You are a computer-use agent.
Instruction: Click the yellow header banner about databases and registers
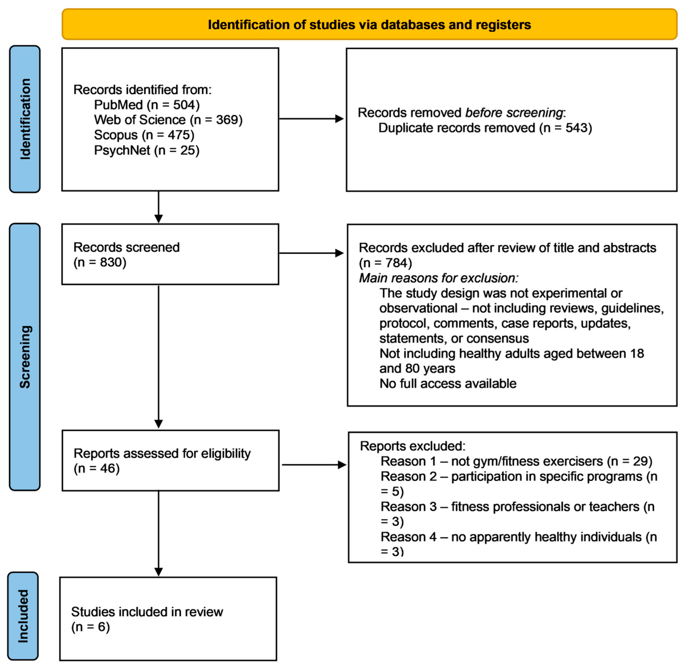(369, 25)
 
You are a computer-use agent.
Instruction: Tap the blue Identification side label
(25, 119)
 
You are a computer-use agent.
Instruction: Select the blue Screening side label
(25, 357)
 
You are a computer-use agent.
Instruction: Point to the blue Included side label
(23, 616)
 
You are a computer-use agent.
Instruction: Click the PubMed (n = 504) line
(147, 105)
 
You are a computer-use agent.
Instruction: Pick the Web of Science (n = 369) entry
(168, 120)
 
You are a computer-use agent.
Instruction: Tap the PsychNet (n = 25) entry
(147, 150)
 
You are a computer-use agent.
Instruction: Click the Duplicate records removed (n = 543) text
(485, 128)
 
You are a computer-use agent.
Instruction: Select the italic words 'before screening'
(514, 113)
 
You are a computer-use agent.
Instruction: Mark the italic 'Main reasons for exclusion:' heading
(438, 278)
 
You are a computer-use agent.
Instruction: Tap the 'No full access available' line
(447, 383)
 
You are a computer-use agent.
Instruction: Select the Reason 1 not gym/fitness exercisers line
(516, 461)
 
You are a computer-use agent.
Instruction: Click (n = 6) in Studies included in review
(90, 627)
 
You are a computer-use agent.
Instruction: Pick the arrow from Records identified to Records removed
(311, 119)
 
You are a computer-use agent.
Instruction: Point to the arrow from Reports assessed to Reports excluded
(314, 465)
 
